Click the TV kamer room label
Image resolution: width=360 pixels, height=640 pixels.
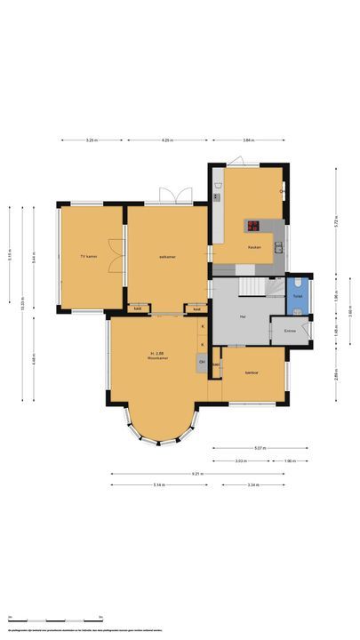[x=88, y=256]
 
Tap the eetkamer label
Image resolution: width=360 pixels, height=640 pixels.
[x=167, y=256]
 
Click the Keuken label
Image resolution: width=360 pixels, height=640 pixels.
[x=254, y=246]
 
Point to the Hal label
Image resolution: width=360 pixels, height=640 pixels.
[x=243, y=316]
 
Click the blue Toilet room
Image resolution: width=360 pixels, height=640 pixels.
[x=299, y=296]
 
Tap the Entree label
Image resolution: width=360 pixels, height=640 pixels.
[x=290, y=331]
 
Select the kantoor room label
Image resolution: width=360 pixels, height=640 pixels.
[x=252, y=373]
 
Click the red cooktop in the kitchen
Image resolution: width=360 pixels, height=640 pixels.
[x=252, y=225]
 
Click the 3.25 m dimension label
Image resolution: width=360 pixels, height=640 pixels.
[x=91, y=140]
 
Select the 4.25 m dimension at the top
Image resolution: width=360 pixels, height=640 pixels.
[x=167, y=140]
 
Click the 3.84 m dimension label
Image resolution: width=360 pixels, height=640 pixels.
[x=249, y=140]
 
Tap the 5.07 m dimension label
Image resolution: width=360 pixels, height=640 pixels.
[x=260, y=449]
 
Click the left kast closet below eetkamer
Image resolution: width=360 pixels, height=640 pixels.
[x=138, y=308]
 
